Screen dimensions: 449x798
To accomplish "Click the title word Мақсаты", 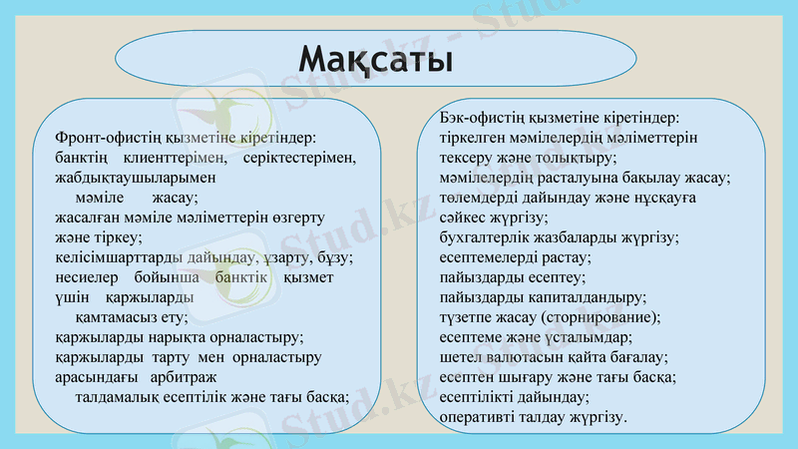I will (x=376, y=57).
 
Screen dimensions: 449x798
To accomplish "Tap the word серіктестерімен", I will (x=298, y=158).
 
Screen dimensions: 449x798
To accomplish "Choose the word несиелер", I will (x=83, y=277).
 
